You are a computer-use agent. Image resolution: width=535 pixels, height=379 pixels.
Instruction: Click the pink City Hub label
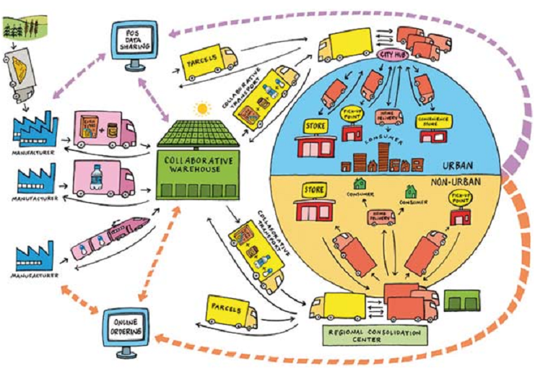click(390, 55)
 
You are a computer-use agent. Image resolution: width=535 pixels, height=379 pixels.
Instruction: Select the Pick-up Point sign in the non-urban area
click(461, 196)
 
